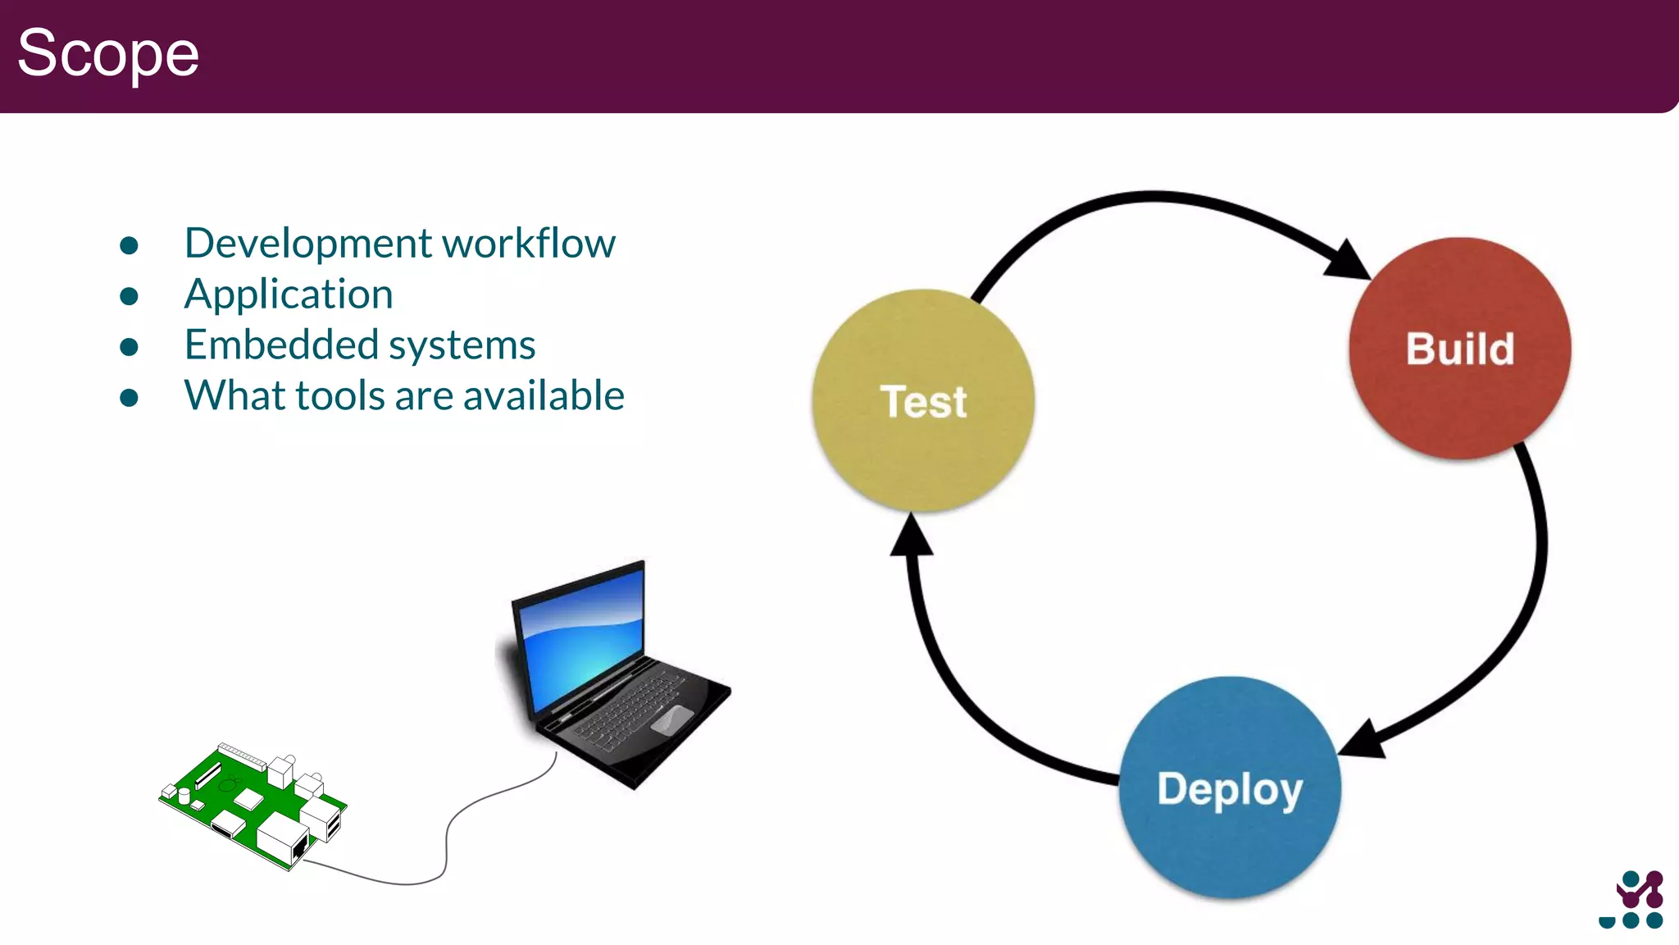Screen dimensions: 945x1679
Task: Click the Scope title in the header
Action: point(107,53)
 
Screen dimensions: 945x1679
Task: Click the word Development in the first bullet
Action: point(307,244)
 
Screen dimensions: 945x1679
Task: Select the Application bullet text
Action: point(289,294)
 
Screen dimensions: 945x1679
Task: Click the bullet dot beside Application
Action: point(129,296)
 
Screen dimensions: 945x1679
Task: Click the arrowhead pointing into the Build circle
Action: point(1347,261)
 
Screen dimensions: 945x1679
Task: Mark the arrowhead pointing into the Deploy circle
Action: point(1363,738)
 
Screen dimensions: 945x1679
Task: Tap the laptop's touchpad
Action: point(671,719)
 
